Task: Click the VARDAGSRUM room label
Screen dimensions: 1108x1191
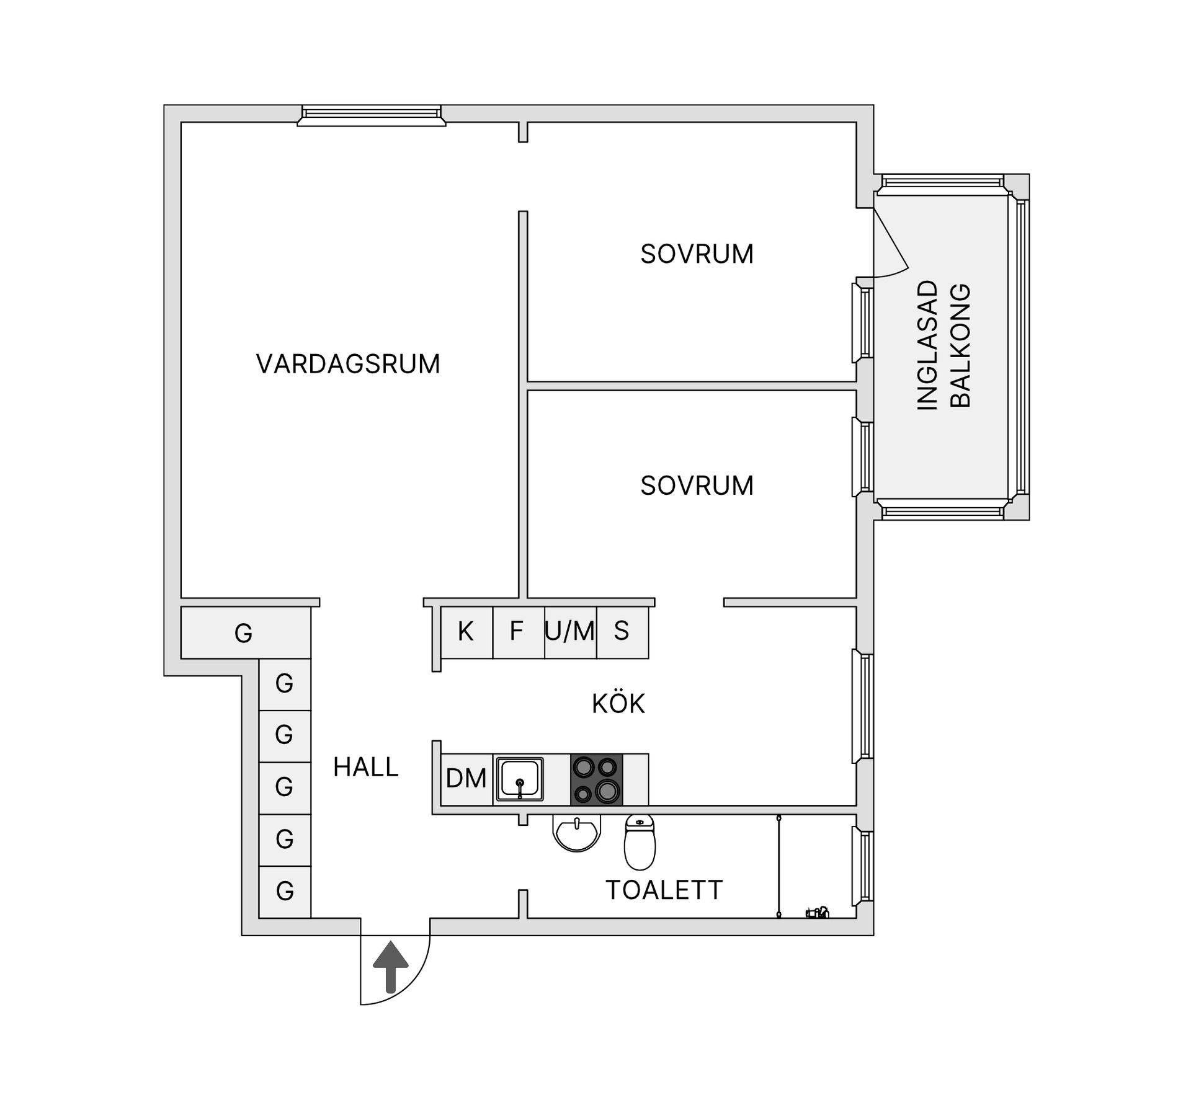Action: point(348,364)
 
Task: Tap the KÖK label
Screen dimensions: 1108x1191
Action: point(618,704)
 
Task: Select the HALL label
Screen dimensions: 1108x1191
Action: point(366,768)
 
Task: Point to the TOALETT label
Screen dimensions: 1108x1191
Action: point(664,890)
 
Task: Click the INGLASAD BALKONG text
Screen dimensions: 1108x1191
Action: point(943,345)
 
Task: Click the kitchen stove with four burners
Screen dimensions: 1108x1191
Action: point(596,779)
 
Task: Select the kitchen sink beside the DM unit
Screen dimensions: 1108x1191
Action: point(520,779)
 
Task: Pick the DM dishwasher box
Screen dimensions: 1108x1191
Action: point(466,779)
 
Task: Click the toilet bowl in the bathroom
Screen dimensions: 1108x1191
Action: point(640,843)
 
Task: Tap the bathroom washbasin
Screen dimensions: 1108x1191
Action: point(577,833)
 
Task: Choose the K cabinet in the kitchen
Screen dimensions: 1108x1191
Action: point(466,632)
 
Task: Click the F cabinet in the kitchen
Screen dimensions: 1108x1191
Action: point(517,632)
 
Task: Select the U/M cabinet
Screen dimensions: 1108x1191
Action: point(570,632)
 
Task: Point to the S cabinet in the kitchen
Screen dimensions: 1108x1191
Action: point(622,632)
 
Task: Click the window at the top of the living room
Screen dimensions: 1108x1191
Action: point(371,115)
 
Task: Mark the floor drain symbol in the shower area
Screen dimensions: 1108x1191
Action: point(818,912)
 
